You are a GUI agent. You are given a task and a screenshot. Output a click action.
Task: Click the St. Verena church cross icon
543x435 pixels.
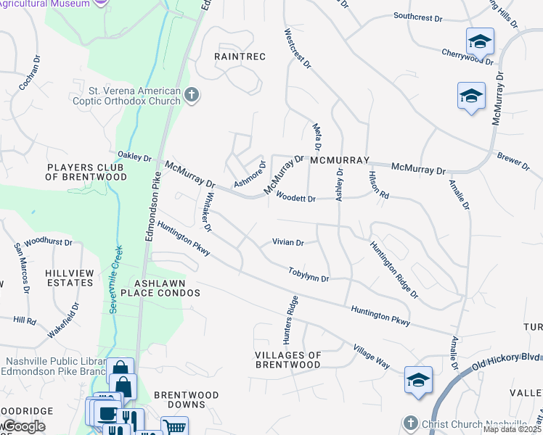click(192, 95)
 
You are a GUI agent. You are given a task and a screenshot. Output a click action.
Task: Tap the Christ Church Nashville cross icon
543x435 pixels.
click(411, 423)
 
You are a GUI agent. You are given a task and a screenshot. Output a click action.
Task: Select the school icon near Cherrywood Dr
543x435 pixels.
click(480, 42)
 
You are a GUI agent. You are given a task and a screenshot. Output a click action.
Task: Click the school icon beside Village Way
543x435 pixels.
click(419, 380)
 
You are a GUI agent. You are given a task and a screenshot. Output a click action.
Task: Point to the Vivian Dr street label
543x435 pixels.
click(287, 242)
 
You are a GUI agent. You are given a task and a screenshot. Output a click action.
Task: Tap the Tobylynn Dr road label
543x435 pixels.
click(309, 274)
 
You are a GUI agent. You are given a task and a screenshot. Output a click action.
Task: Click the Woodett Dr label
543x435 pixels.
click(295, 199)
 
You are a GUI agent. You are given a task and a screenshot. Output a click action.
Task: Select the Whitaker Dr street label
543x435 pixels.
click(207, 211)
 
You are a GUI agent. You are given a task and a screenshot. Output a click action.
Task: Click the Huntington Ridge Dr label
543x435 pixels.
click(394, 270)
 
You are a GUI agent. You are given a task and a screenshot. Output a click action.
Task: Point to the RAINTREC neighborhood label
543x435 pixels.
click(240, 56)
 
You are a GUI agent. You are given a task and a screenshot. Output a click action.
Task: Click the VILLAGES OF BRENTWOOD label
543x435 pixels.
click(288, 360)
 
